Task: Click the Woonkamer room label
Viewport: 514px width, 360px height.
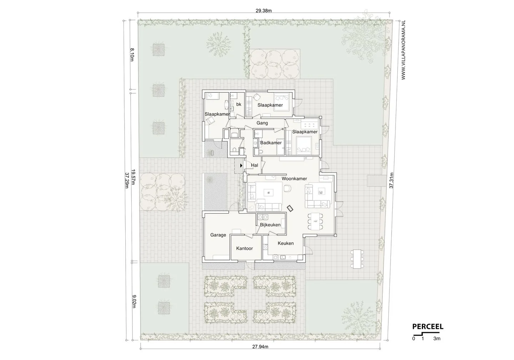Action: [294, 179]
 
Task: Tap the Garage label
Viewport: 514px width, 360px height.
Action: [218, 235]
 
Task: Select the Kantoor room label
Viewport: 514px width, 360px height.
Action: [245, 249]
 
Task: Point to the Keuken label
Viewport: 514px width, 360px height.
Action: [286, 243]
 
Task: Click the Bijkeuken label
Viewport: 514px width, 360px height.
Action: [270, 225]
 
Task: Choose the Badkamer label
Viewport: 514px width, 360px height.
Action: [271, 142]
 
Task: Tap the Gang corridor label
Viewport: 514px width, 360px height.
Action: [262, 123]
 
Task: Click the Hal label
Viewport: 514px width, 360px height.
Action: [255, 165]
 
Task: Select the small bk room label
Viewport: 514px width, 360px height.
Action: [239, 104]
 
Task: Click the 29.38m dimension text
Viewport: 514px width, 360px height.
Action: [264, 11]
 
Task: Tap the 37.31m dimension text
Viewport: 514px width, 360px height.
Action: [391, 180]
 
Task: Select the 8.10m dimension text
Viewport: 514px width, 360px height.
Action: [132, 55]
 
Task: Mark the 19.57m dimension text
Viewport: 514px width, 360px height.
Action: [133, 177]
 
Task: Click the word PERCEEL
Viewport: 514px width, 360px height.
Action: [428, 327]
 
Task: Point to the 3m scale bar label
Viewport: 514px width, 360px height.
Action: [437, 339]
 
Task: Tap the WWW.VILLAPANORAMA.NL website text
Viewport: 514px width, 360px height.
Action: [403, 50]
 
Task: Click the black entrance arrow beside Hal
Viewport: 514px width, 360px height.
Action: [241, 165]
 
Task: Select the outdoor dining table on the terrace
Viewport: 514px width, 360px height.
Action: [357, 259]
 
